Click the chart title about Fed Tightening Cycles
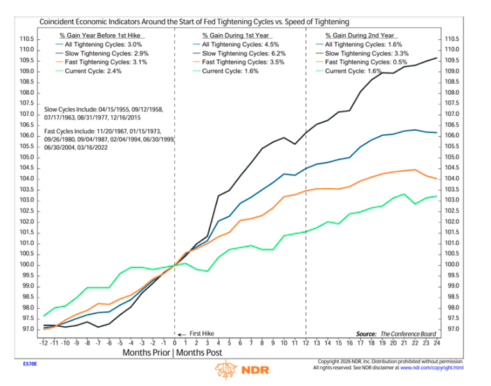(194, 22)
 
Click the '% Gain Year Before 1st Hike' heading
(100, 35)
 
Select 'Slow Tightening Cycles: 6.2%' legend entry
(244, 53)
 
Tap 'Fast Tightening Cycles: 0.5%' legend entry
(366, 62)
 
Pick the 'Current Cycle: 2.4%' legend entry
(93, 71)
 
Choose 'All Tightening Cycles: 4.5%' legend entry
(240, 44)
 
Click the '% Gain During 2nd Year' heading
(360, 35)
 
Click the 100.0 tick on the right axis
(452, 264)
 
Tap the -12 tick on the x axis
(44, 343)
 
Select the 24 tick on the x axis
(436, 343)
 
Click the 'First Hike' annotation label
(202, 334)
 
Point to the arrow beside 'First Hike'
(182, 335)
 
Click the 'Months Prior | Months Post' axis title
(172, 353)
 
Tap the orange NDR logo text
(256, 370)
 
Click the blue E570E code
(30, 363)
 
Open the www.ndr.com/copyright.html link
(432, 368)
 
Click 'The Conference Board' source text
(408, 334)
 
